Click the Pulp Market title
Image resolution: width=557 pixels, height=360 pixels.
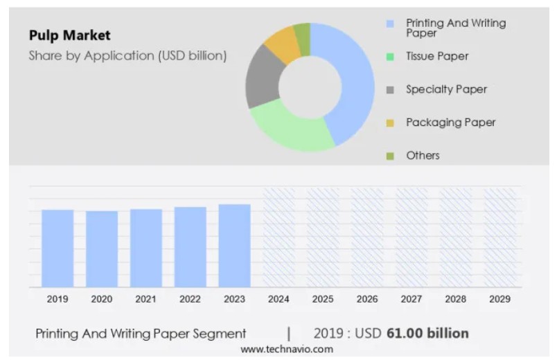[69, 35]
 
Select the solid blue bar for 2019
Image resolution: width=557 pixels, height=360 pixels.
[58, 248]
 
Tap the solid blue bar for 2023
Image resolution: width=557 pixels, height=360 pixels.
[234, 245]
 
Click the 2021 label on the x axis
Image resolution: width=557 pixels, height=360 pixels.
[145, 299]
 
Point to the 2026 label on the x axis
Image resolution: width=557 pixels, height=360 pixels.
[366, 299]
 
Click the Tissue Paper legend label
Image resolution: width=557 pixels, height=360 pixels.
[437, 56]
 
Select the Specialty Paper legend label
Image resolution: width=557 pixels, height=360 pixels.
[446, 89]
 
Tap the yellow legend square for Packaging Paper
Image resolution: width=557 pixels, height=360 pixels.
[390, 123]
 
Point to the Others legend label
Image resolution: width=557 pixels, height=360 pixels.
[423, 156]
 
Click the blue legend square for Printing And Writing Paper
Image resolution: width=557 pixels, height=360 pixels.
[390, 24]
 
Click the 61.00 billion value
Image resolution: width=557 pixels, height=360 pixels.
[427, 334]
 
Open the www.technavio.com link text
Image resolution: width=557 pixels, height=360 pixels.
[286, 350]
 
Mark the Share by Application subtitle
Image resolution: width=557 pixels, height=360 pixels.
[127, 55]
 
